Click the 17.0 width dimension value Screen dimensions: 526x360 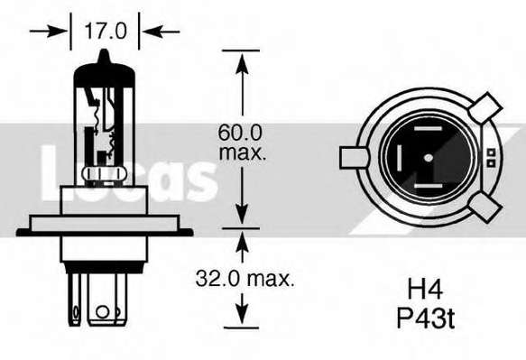[x=106, y=31]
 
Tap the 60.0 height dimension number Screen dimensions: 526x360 [x=239, y=133]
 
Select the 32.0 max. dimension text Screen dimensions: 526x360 [x=245, y=279]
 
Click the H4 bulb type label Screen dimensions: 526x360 [x=425, y=290]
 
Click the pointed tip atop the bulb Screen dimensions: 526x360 [x=105, y=51]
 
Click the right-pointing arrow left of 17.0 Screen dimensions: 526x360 [x=49, y=32]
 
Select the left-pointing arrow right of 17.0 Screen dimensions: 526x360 [x=161, y=32]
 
